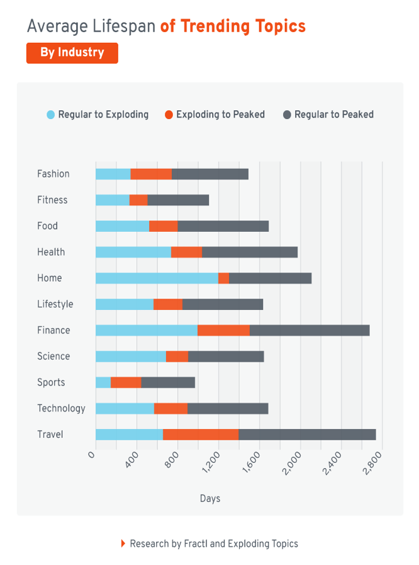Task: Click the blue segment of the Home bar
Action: pyautogui.click(x=157, y=278)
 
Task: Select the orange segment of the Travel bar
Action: pyautogui.click(x=201, y=435)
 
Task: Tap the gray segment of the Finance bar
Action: pyautogui.click(x=310, y=331)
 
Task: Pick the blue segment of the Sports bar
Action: pyautogui.click(x=103, y=382)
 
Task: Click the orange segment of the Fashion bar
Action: pyautogui.click(x=151, y=174)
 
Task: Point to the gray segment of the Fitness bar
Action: pyautogui.click(x=178, y=200)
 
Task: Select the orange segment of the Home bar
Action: pyautogui.click(x=223, y=278)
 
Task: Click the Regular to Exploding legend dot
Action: pyautogui.click(x=51, y=115)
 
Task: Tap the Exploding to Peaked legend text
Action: pyautogui.click(x=220, y=115)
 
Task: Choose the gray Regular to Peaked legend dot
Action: pyautogui.click(x=287, y=115)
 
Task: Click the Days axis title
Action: pyautogui.click(x=210, y=499)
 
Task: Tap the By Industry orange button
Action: pyautogui.click(x=72, y=53)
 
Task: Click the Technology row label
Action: pyautogui.click(x=61, y=408)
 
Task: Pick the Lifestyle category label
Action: pyautogui.click(x=55, y=304)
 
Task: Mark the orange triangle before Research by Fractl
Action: pyautogui.click(x=123, y=544)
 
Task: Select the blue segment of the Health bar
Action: pyautogui.click(x=133, y=253)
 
